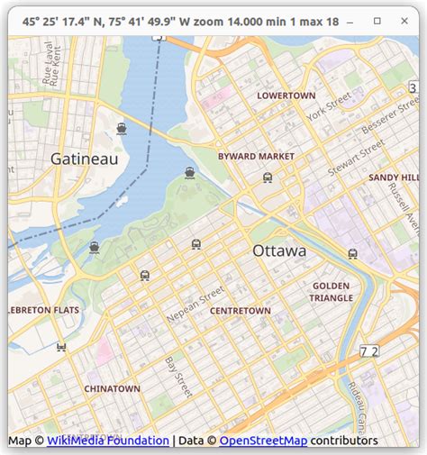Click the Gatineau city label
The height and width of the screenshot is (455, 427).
point(84,159)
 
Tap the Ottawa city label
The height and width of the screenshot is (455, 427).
point(278,250)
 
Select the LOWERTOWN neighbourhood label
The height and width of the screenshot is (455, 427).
point(286,96)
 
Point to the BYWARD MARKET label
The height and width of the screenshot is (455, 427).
point(256,156)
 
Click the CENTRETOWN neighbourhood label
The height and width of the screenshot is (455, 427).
point(240,311)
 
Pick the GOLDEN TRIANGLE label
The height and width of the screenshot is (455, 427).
point(332,291)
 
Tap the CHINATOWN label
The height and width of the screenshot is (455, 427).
point(112,388)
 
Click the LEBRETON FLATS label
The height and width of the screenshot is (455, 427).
point(41,310)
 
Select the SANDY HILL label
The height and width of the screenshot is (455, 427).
point(394,177)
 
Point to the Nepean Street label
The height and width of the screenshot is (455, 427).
point(195,305)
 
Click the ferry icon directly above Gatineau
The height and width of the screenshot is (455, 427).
point(122,128)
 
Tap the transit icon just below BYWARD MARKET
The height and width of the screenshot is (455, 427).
point(268,177)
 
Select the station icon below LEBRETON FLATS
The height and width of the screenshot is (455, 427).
point(61,346)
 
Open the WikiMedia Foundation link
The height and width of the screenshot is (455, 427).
point(108,441)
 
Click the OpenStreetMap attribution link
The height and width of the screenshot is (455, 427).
point(262,441)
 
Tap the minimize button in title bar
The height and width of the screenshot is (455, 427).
point(352,20)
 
